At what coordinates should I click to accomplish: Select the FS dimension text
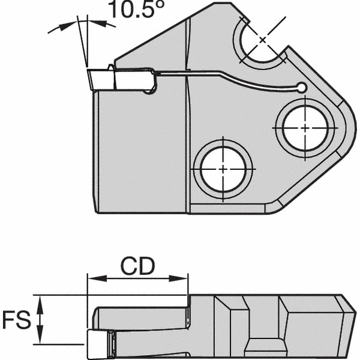[x=14, y=320]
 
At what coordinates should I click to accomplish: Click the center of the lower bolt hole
[x=223, y=169]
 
